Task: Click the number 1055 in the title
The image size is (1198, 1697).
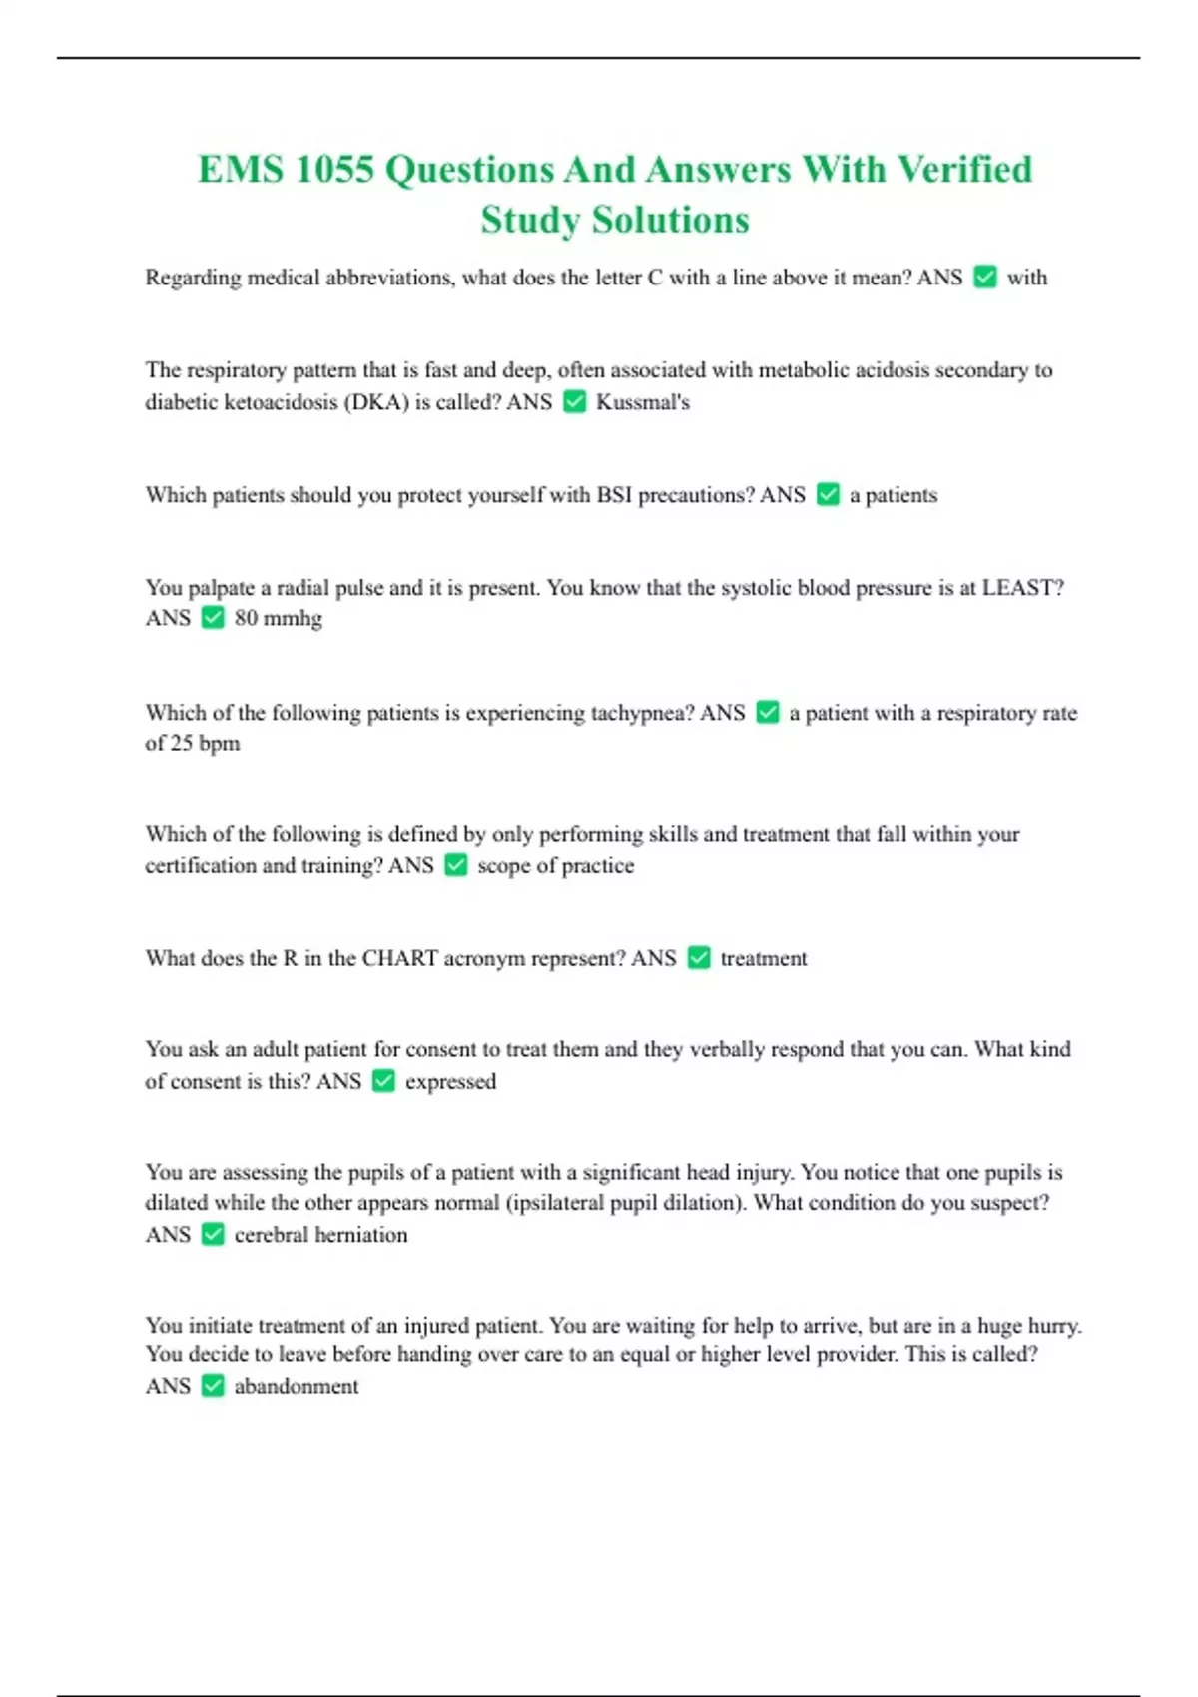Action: (x=333, y=170)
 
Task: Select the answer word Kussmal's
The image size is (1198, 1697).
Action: (x=643, y=402)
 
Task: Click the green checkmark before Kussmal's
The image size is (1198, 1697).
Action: (x=574, y=402)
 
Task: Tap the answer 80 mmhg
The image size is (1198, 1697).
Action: (x=279, y=619)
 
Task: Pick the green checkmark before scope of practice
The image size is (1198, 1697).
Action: (x=456, y=865)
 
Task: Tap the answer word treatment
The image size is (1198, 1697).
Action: (x=764, y=959)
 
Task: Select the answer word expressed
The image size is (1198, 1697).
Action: (x=450, y=1082)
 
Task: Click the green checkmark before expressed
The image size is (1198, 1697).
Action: (x=383, y=1081)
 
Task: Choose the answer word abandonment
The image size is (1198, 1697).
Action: (x=297, y=1387)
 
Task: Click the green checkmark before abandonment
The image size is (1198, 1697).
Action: (x=213, y=1386)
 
